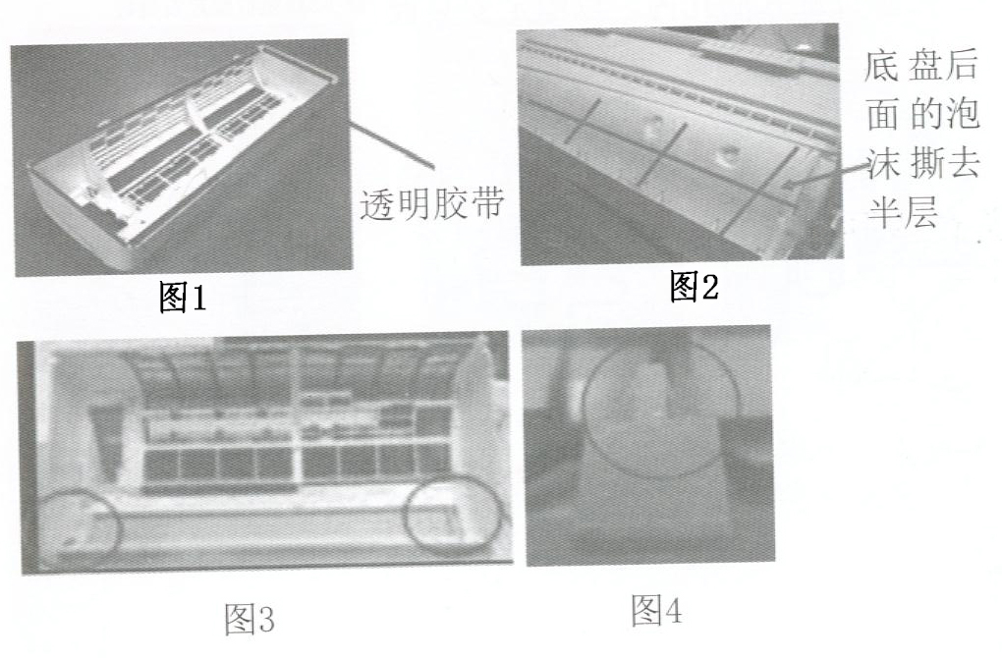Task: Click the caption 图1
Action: pyautogui.click(x=183, y=298)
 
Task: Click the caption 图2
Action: pyautogui.click(x=694, y=286)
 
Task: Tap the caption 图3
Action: pyautogui.click(x=250, y=619)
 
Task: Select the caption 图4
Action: pyautogui.click(x=656, y=610)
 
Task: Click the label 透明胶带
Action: pyautogui.click(x=432, y=204)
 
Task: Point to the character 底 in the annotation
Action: pyautogui.click(x=882, y=65)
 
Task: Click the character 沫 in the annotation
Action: pyautogui.click(x=882, y=164)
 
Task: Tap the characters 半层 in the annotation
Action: pyautogui.click(x=902, y=212)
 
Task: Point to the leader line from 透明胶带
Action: pyautogui.click(x=392, y=144)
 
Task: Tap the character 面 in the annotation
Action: pyautogui.click(x=882, y=114)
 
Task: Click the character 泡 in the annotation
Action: pyautogui.click(x=962, y=114)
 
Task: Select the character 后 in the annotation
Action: pyautogui.click(x=962, y=65)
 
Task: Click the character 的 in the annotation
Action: pyautogui.click(x=923, y=114)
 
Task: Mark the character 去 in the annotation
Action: pyautogui.click(x=963, y=164)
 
